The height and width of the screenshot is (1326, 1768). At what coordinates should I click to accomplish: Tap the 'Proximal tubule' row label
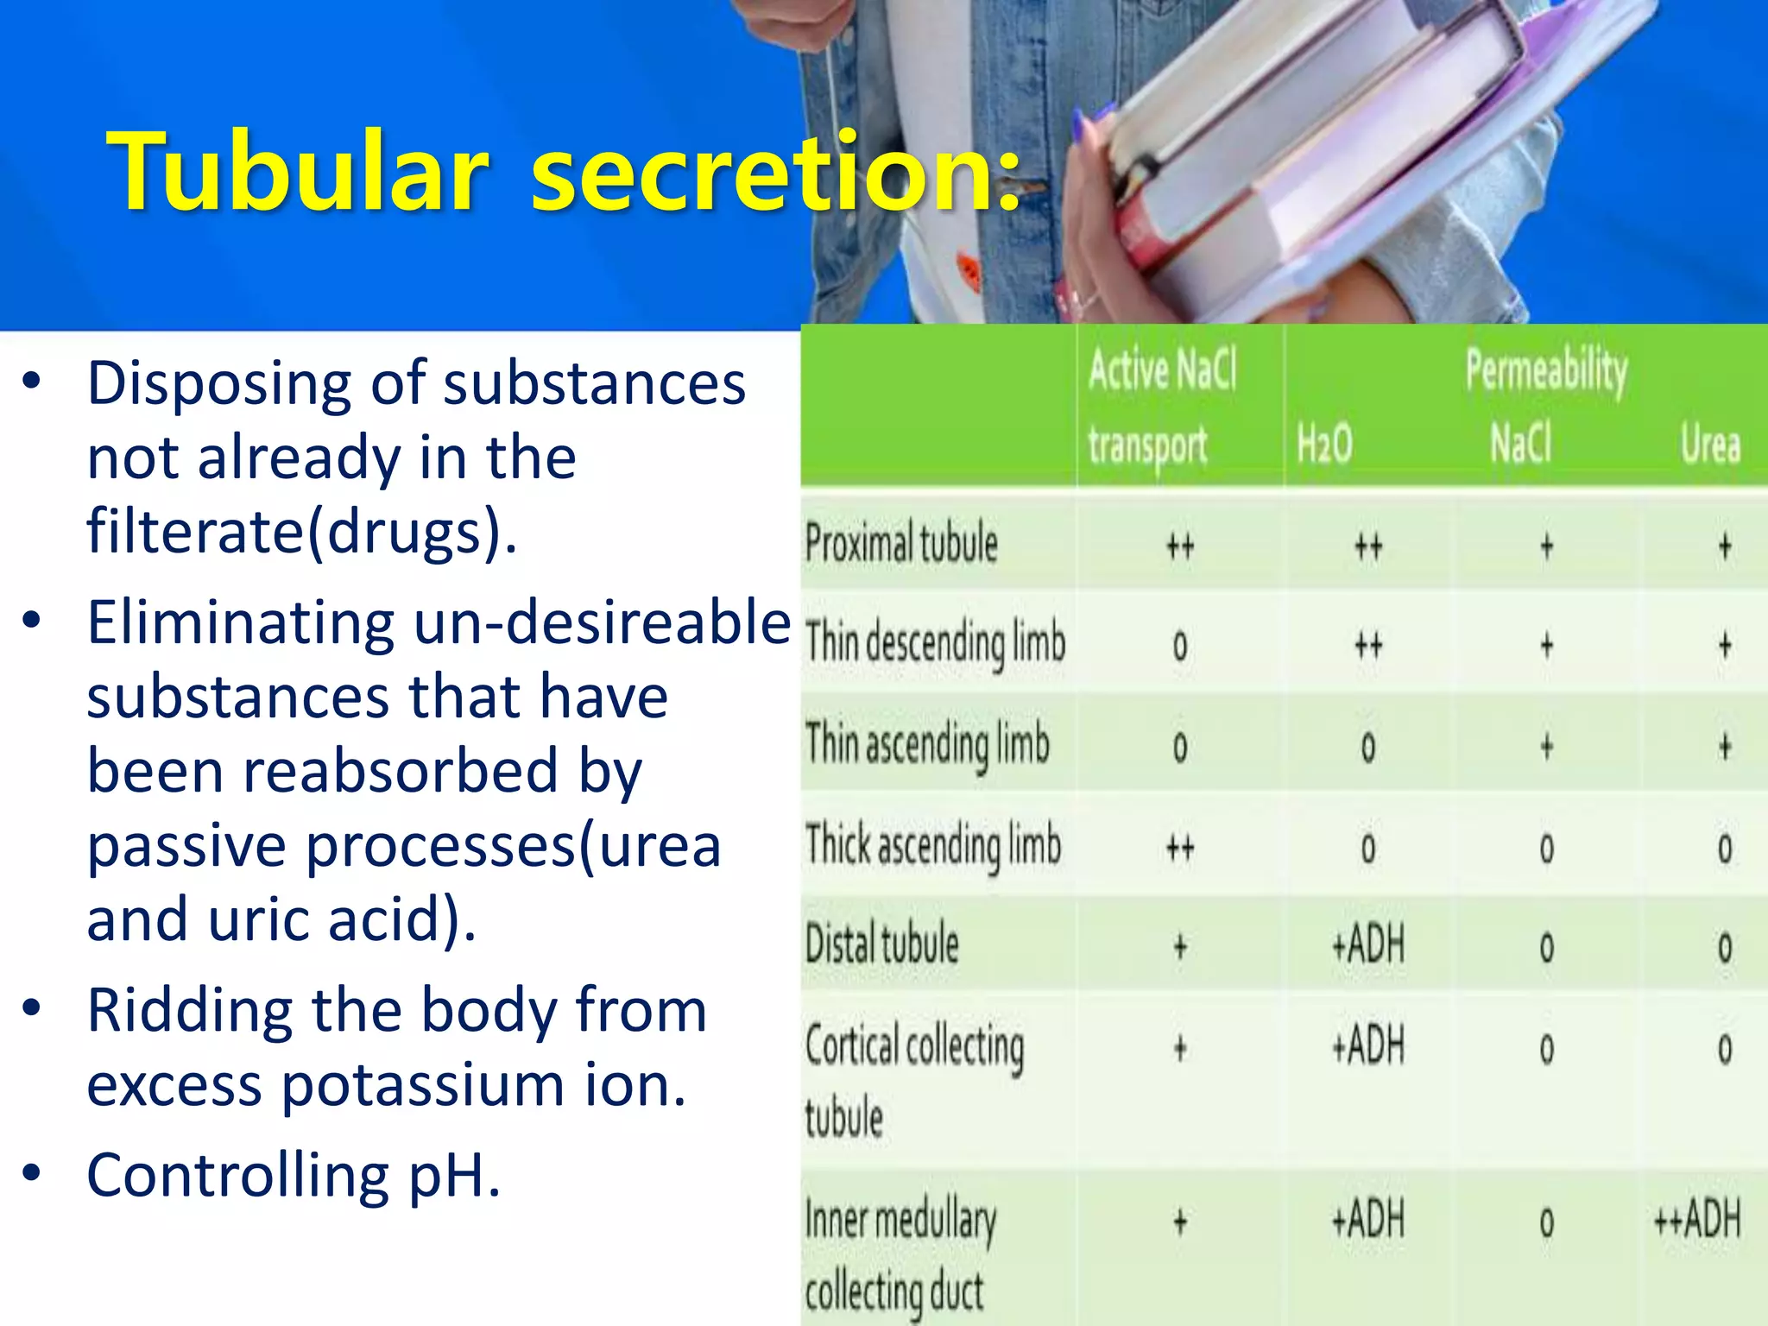coord(901,544)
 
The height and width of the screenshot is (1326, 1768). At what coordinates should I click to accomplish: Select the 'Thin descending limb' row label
coord(936,644)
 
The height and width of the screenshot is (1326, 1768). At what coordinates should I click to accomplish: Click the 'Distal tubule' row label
coord(882,944)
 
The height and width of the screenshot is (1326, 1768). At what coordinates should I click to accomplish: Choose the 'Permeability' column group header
coord(1546,371)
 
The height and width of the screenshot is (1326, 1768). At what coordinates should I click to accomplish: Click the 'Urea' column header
coord(1710,445)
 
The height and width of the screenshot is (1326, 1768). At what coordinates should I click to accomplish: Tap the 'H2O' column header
coord(1324,445)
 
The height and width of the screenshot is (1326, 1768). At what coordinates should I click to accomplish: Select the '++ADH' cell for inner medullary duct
coord(1697,1220)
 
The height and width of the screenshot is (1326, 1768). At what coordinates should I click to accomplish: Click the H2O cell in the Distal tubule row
coord(1368,945)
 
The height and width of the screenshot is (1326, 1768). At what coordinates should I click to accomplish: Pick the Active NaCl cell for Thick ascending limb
coord(1180,849)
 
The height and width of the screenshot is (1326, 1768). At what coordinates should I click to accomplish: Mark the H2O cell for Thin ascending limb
coord(1368,748)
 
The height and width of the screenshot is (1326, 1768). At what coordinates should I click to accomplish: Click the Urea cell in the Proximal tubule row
coord(1724,546)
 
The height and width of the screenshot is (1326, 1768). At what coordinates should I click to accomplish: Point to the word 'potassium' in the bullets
coord(422,1085)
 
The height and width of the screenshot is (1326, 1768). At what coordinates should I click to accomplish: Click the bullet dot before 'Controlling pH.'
coord(32,1172)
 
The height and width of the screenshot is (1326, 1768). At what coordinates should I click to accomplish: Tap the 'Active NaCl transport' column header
coord(1161,406)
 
